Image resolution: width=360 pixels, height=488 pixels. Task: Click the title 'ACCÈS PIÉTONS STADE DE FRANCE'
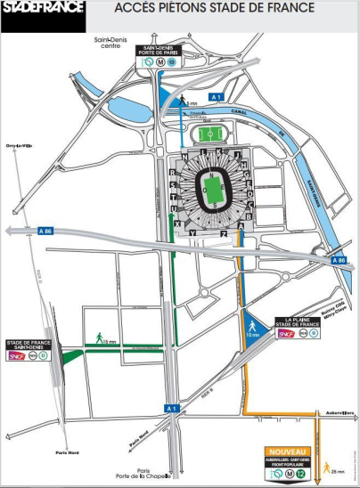pos(215,10)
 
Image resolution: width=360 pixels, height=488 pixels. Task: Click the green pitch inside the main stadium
pos(212,189)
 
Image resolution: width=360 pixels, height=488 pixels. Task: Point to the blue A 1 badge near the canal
pos(214,96)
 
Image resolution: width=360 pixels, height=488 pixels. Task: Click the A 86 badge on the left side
pos(45,229)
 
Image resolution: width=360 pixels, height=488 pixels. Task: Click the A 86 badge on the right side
pos(339,260)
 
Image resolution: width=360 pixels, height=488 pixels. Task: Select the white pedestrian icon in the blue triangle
pos(252,322)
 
